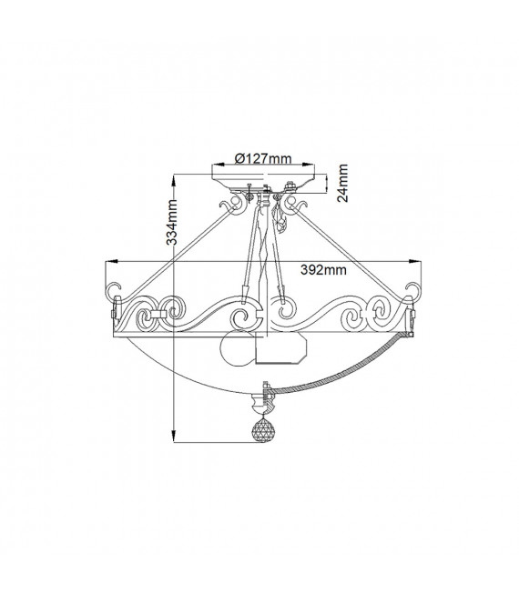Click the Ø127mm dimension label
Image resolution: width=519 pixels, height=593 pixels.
coord(263,158)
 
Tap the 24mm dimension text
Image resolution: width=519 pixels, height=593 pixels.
coord(342,183)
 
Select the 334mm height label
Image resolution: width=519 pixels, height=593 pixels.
coord(172,222)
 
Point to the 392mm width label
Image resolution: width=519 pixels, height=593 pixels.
coord(323,269)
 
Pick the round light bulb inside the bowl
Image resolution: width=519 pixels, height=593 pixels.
coord(237,348)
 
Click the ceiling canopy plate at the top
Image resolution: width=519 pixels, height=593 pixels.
coord(264,182)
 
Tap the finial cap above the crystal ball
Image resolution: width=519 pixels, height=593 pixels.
coord(262,404)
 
